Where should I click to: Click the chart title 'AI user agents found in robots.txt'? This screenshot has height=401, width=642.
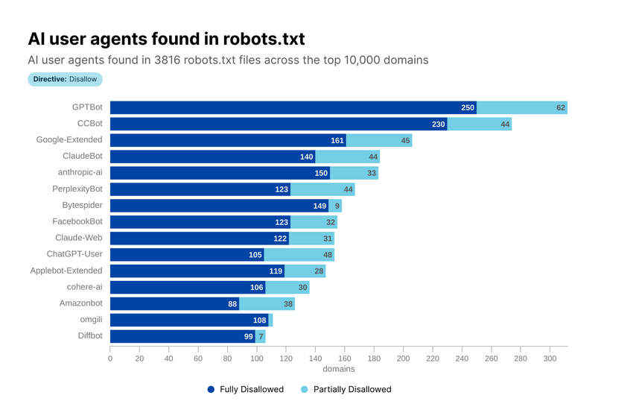pyautogui.click(x=165, y=39)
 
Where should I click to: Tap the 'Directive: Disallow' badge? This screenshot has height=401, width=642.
pyautogui.click(x=65, y=79)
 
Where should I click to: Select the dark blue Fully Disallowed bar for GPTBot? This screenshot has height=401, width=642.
pyautogui.click(x=293, y=107)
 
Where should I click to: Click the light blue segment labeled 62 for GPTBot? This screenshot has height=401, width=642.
pyautogui.click(x=522, y=107)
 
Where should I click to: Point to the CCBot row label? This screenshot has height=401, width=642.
pyautogui.click(x=90, y=124)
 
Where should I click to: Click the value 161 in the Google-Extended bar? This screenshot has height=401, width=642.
pyautogui.click(x=337, y=140)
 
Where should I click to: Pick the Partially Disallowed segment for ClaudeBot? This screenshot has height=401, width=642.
pyautogui.click(x=347, y=157)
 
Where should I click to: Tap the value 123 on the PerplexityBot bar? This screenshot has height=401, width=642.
pyautogui.click(x=282, y=189)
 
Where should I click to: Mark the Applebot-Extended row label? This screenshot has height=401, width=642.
pyautogui.click(x=66, y=271)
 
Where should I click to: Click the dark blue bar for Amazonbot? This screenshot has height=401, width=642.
pyautogui.click(x=174, y=303)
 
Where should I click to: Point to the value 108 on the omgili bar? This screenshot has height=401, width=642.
pyautogui.click(x=259, y=320)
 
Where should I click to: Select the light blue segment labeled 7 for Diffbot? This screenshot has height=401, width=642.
pyautogui.click(x=260, y=336)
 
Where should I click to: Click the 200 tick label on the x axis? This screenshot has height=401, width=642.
pyautogui.click(x=403, y=359)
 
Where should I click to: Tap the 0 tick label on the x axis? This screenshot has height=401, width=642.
pyautogui.click(x=110, y=359)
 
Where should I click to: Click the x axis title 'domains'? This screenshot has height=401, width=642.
pyautogui.click(x=339, y=369)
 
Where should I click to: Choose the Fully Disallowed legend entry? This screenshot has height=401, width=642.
pyautogui.click(x=245, y=389)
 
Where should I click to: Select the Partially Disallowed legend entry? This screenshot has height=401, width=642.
pyautogui.click(x=346, y=389)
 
